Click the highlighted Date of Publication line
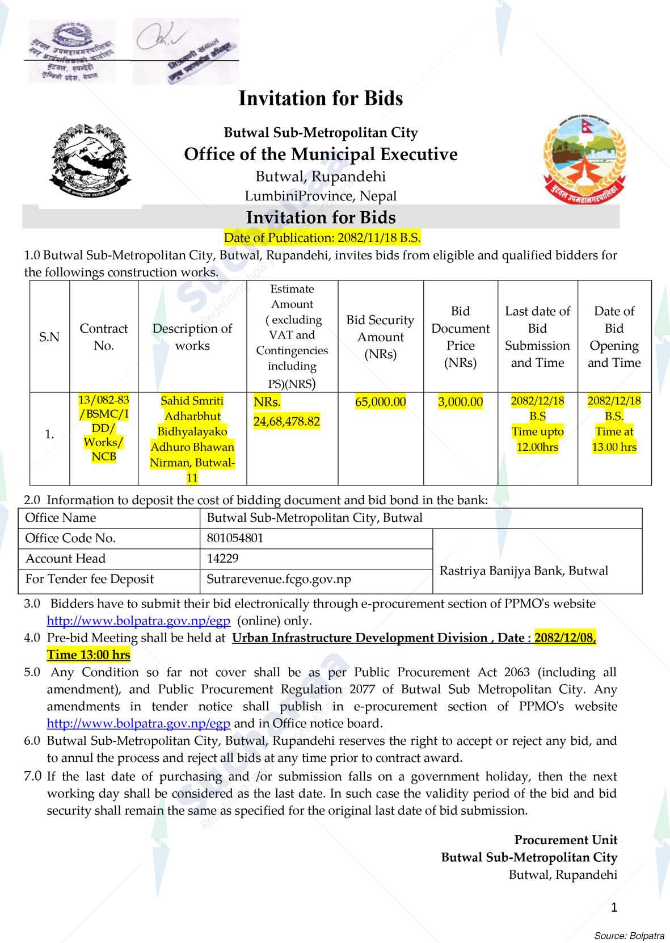pyautogui.click(x=322, y=237)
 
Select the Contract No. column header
pyautogui.click(x=104, y=337)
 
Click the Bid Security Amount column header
pyautogui.click(x=380, y=337)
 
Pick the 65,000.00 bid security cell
pyautogui.click(x=380, y=402)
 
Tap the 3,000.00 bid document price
pyautogui.click(x=460, y=402)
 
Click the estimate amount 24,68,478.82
pyautogui.click(x=286, y=421)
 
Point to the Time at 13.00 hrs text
pyautogui.click(x=614, y=439)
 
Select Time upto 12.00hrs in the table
pyautogui.click(x=537, y=439)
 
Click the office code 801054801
pyautogui.click(x=235, y=538)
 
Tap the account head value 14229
pyautogui.click(x=222, y=559)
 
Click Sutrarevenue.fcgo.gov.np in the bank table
pyautogui.click(x=279, y=579)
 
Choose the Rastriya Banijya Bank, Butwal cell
pyautogui.click(x=524, y=571)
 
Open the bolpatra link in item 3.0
pyautogui.click(x=138, y=621)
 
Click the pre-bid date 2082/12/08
pyautogui.click(x=565, y=638)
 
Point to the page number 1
pyautogui.click(x=614, y=907)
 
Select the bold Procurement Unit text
pyautogui.click(x=566, y=840)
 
